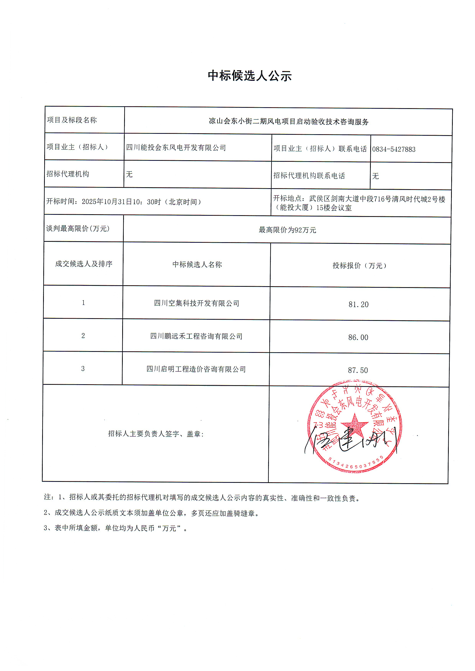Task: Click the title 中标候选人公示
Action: coord(250,76)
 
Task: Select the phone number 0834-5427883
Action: coord(393,149)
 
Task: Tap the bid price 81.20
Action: coord(358,304)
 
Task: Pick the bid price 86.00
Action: coord(358,337)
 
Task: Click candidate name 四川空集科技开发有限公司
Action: coord(197,303)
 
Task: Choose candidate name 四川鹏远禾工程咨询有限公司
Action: coord(196,336)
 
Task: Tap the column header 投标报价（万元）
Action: coord(360,266)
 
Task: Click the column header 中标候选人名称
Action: coord(197,265)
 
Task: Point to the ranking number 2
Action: coord(83,336)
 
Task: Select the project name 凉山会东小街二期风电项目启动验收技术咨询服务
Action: coord(288,122)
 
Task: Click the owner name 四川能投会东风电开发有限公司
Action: coord(176,148)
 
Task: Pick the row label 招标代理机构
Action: coord(68,174)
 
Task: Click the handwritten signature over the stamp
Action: coord(351,440)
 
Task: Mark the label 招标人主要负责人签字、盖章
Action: coord(156,434)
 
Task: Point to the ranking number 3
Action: coord(83,369)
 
